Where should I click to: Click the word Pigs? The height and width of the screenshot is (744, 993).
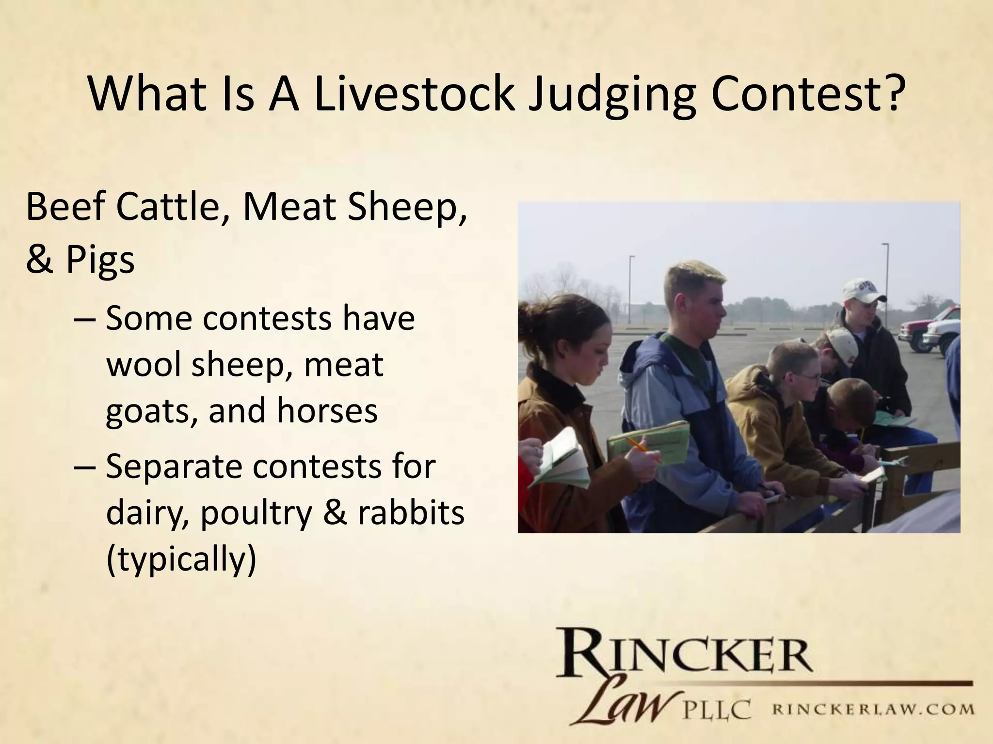click(x=100, y=260)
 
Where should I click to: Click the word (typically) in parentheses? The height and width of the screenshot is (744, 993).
click(x=180, y=560)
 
